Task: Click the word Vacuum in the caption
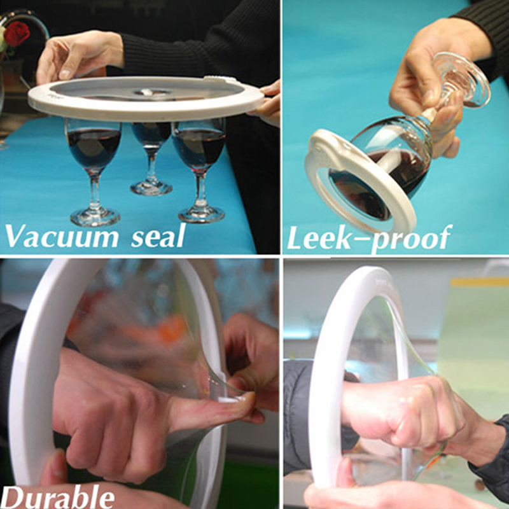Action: (62, 236)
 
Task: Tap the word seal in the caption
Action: (158, 235)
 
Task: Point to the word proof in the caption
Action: (410, 239)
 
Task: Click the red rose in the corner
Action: (17, 33)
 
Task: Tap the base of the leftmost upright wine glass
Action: (95, 217)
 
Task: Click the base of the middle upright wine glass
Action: (151, 188)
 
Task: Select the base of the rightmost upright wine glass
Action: (202, 214)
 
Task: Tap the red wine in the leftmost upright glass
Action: (94, 148)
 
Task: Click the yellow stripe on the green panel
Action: (480, 282)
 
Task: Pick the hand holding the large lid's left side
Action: (78, 57)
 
